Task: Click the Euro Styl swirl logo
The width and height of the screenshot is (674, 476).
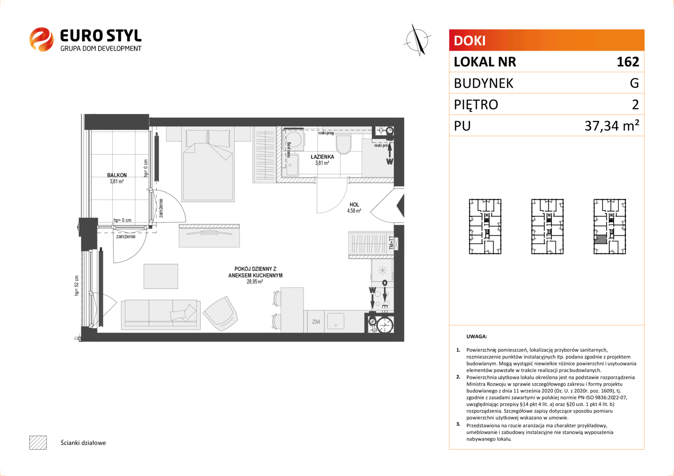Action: click(x=41, y=39)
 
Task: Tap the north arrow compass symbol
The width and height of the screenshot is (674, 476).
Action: click(x=418, y=40)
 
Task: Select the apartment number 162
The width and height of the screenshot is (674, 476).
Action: click(x=628, y=62)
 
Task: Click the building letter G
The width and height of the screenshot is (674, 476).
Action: click(x=634, y=83)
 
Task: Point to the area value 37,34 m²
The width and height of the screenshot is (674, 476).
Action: click(x=612, y=125)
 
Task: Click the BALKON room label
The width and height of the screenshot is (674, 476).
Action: click(x=117, y=175)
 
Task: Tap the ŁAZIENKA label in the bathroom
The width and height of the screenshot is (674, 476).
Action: click(x=322, y=156)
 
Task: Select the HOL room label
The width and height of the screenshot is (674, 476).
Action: click(x=354, y=205)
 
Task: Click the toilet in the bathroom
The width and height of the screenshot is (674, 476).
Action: click(x=343, y=144)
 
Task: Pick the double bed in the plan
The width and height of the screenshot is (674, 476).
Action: click(x=208, y=165)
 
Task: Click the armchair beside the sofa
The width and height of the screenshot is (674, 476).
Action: click(x=221, y=314)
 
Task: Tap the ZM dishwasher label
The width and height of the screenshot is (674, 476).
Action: click(x=316, y=322)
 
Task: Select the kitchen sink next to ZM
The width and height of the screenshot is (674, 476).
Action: click(x=336, y=321)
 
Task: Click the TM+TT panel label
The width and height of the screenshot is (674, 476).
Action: click(x=391, y=243)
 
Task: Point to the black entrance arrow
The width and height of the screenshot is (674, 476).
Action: click(x=400, y=206)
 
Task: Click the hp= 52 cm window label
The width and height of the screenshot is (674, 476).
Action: click(x=77, y=285)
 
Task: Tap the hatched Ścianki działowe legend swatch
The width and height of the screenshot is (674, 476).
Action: click(x=38, y=443)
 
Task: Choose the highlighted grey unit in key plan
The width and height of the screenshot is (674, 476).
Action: click(x=600, y=240)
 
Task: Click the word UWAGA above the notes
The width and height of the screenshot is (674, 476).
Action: click(x=477, y=336)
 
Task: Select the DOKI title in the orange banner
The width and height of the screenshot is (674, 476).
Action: click(x=469, y=41)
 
